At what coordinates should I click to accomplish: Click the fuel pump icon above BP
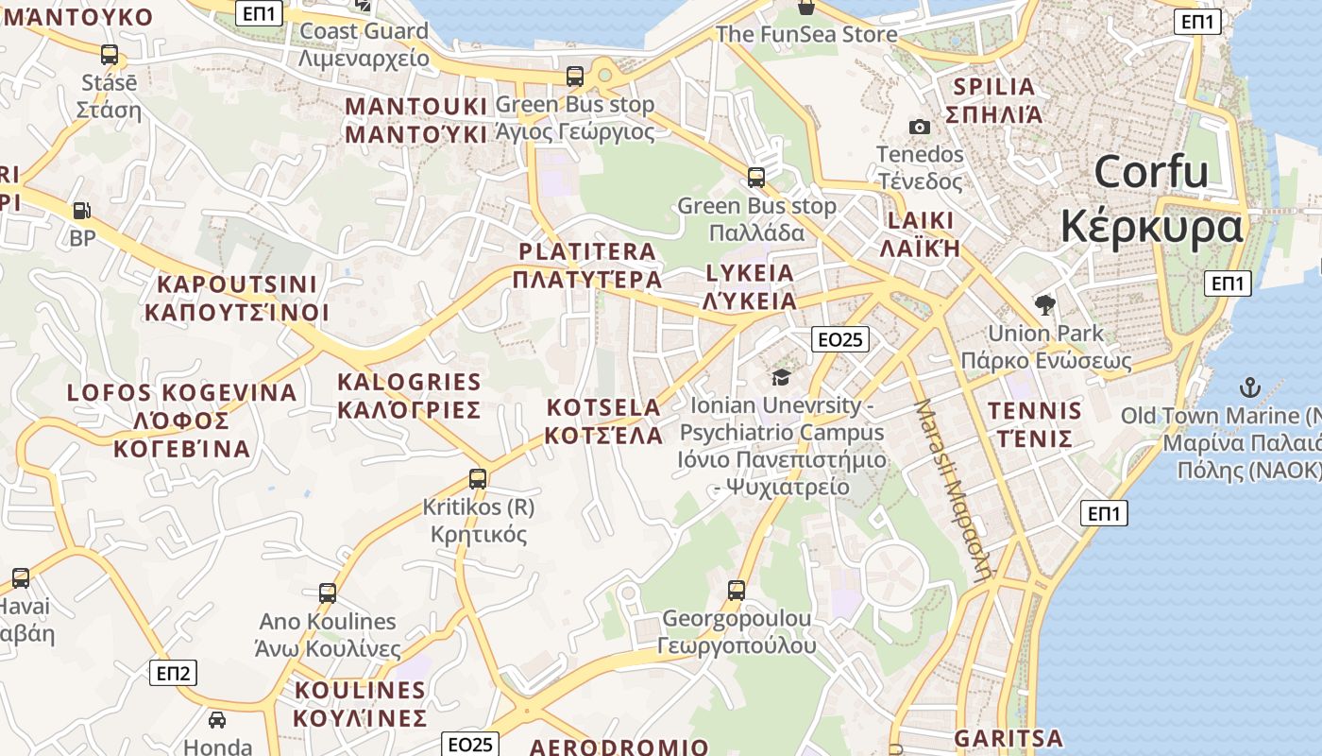[82, 211]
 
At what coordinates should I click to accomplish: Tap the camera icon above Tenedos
[919, 127]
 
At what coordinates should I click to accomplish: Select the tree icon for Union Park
[1044, 304]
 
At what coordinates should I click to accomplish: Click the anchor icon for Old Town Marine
[1249, 387]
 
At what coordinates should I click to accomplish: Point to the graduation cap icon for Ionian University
[781, 378]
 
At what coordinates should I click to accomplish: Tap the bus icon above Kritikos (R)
[478, 479]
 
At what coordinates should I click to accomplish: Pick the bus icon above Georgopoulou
[737, 591]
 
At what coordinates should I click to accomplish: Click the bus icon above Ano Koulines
[328, 593]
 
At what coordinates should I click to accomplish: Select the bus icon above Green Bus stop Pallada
[755, 177]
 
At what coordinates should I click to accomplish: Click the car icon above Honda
[217, 720]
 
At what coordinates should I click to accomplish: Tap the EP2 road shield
[174, 673]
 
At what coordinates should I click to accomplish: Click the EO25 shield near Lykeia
[839, 339]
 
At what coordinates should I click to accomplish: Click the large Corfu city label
[1151, 200]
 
